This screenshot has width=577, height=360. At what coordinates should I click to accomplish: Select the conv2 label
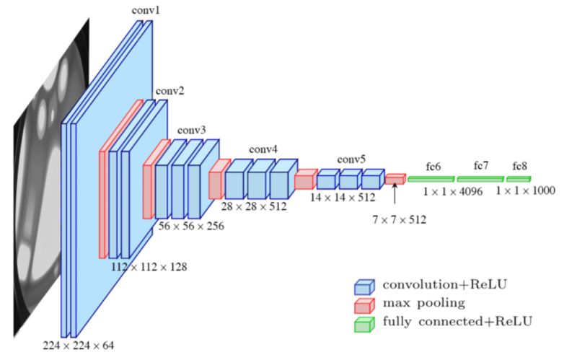[169, 92]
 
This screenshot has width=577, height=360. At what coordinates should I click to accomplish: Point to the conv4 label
[263, 149]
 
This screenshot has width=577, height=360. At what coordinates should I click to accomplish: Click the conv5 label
[351, 159]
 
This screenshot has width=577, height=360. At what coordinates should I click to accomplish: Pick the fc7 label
[481, 165]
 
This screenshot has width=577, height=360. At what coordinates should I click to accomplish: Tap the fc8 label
[521, 166]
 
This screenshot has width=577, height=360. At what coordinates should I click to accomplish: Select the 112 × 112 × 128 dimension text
[149, 267]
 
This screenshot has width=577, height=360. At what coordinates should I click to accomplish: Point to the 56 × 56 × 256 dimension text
[190, 226]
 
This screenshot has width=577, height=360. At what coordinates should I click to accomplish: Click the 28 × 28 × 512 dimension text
[254, 206]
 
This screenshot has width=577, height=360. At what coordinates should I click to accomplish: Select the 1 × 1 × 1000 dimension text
[525, 191]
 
